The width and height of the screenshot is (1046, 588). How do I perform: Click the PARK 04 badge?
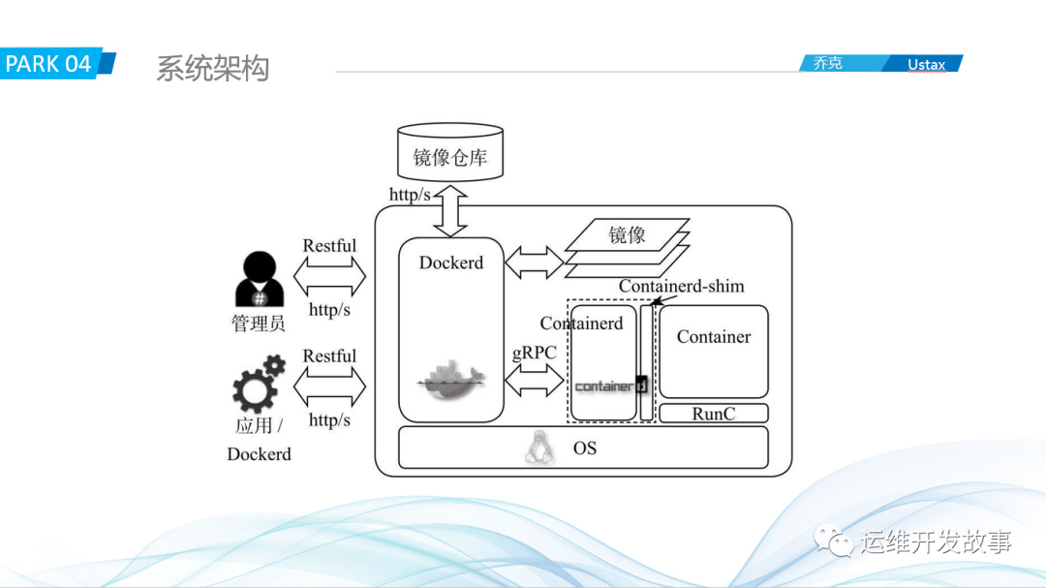pyautogui.click(x=54, y=64)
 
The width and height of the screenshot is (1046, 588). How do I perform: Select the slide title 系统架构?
pyautogui.click(x=212, y=69)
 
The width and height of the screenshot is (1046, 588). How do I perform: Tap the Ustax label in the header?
pyautogui.click(x=926, y=65)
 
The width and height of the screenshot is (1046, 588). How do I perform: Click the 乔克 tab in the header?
pyautogui.click(x=828, y=63)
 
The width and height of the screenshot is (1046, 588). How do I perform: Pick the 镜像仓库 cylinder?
pyautogui.click(x=450, y=153)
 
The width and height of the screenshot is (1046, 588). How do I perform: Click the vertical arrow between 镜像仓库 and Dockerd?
pyautogui.click(x=450, y=212)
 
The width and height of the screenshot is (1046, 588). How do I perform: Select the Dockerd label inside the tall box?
pyautogui.click(x=450, y=263)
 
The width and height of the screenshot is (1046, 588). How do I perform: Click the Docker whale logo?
pyautogui.click(x=450, y=380)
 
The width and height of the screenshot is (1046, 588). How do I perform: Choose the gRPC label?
pyautogui.click(x=534, y=353)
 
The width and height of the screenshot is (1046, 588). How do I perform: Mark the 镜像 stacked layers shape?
pyautogui.click(x=627, y=242)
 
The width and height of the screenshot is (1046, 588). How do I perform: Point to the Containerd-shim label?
pyautogui.click(x=681, y=286)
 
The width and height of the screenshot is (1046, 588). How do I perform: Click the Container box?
pyautogui.click(x=714, y=351)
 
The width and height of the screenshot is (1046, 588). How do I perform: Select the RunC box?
pyautogui.click(x=714, y=414)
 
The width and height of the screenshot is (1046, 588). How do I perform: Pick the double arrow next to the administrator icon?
pyautogui.click(x=329, y=278)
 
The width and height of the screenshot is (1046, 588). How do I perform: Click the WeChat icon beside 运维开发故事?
pyautogui.click(x=834, y=540)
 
